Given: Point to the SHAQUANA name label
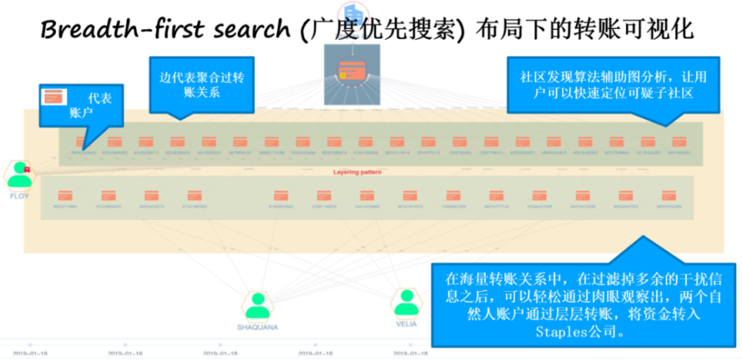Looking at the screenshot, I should click(257, 326).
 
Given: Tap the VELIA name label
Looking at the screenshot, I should click(407, 324).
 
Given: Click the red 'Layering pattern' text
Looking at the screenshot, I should click(358, 171).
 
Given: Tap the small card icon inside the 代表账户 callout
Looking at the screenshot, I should click(54, 97).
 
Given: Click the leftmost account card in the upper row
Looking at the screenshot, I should click(77, 142).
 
